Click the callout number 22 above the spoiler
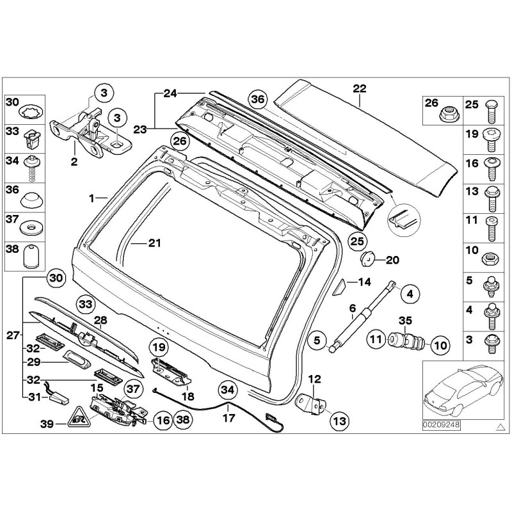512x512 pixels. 359,88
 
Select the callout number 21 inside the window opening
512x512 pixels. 156,243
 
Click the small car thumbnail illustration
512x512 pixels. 461,390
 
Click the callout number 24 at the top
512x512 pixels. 169,93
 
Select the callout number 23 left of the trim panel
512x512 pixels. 140,129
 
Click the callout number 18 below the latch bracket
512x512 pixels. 188,396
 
